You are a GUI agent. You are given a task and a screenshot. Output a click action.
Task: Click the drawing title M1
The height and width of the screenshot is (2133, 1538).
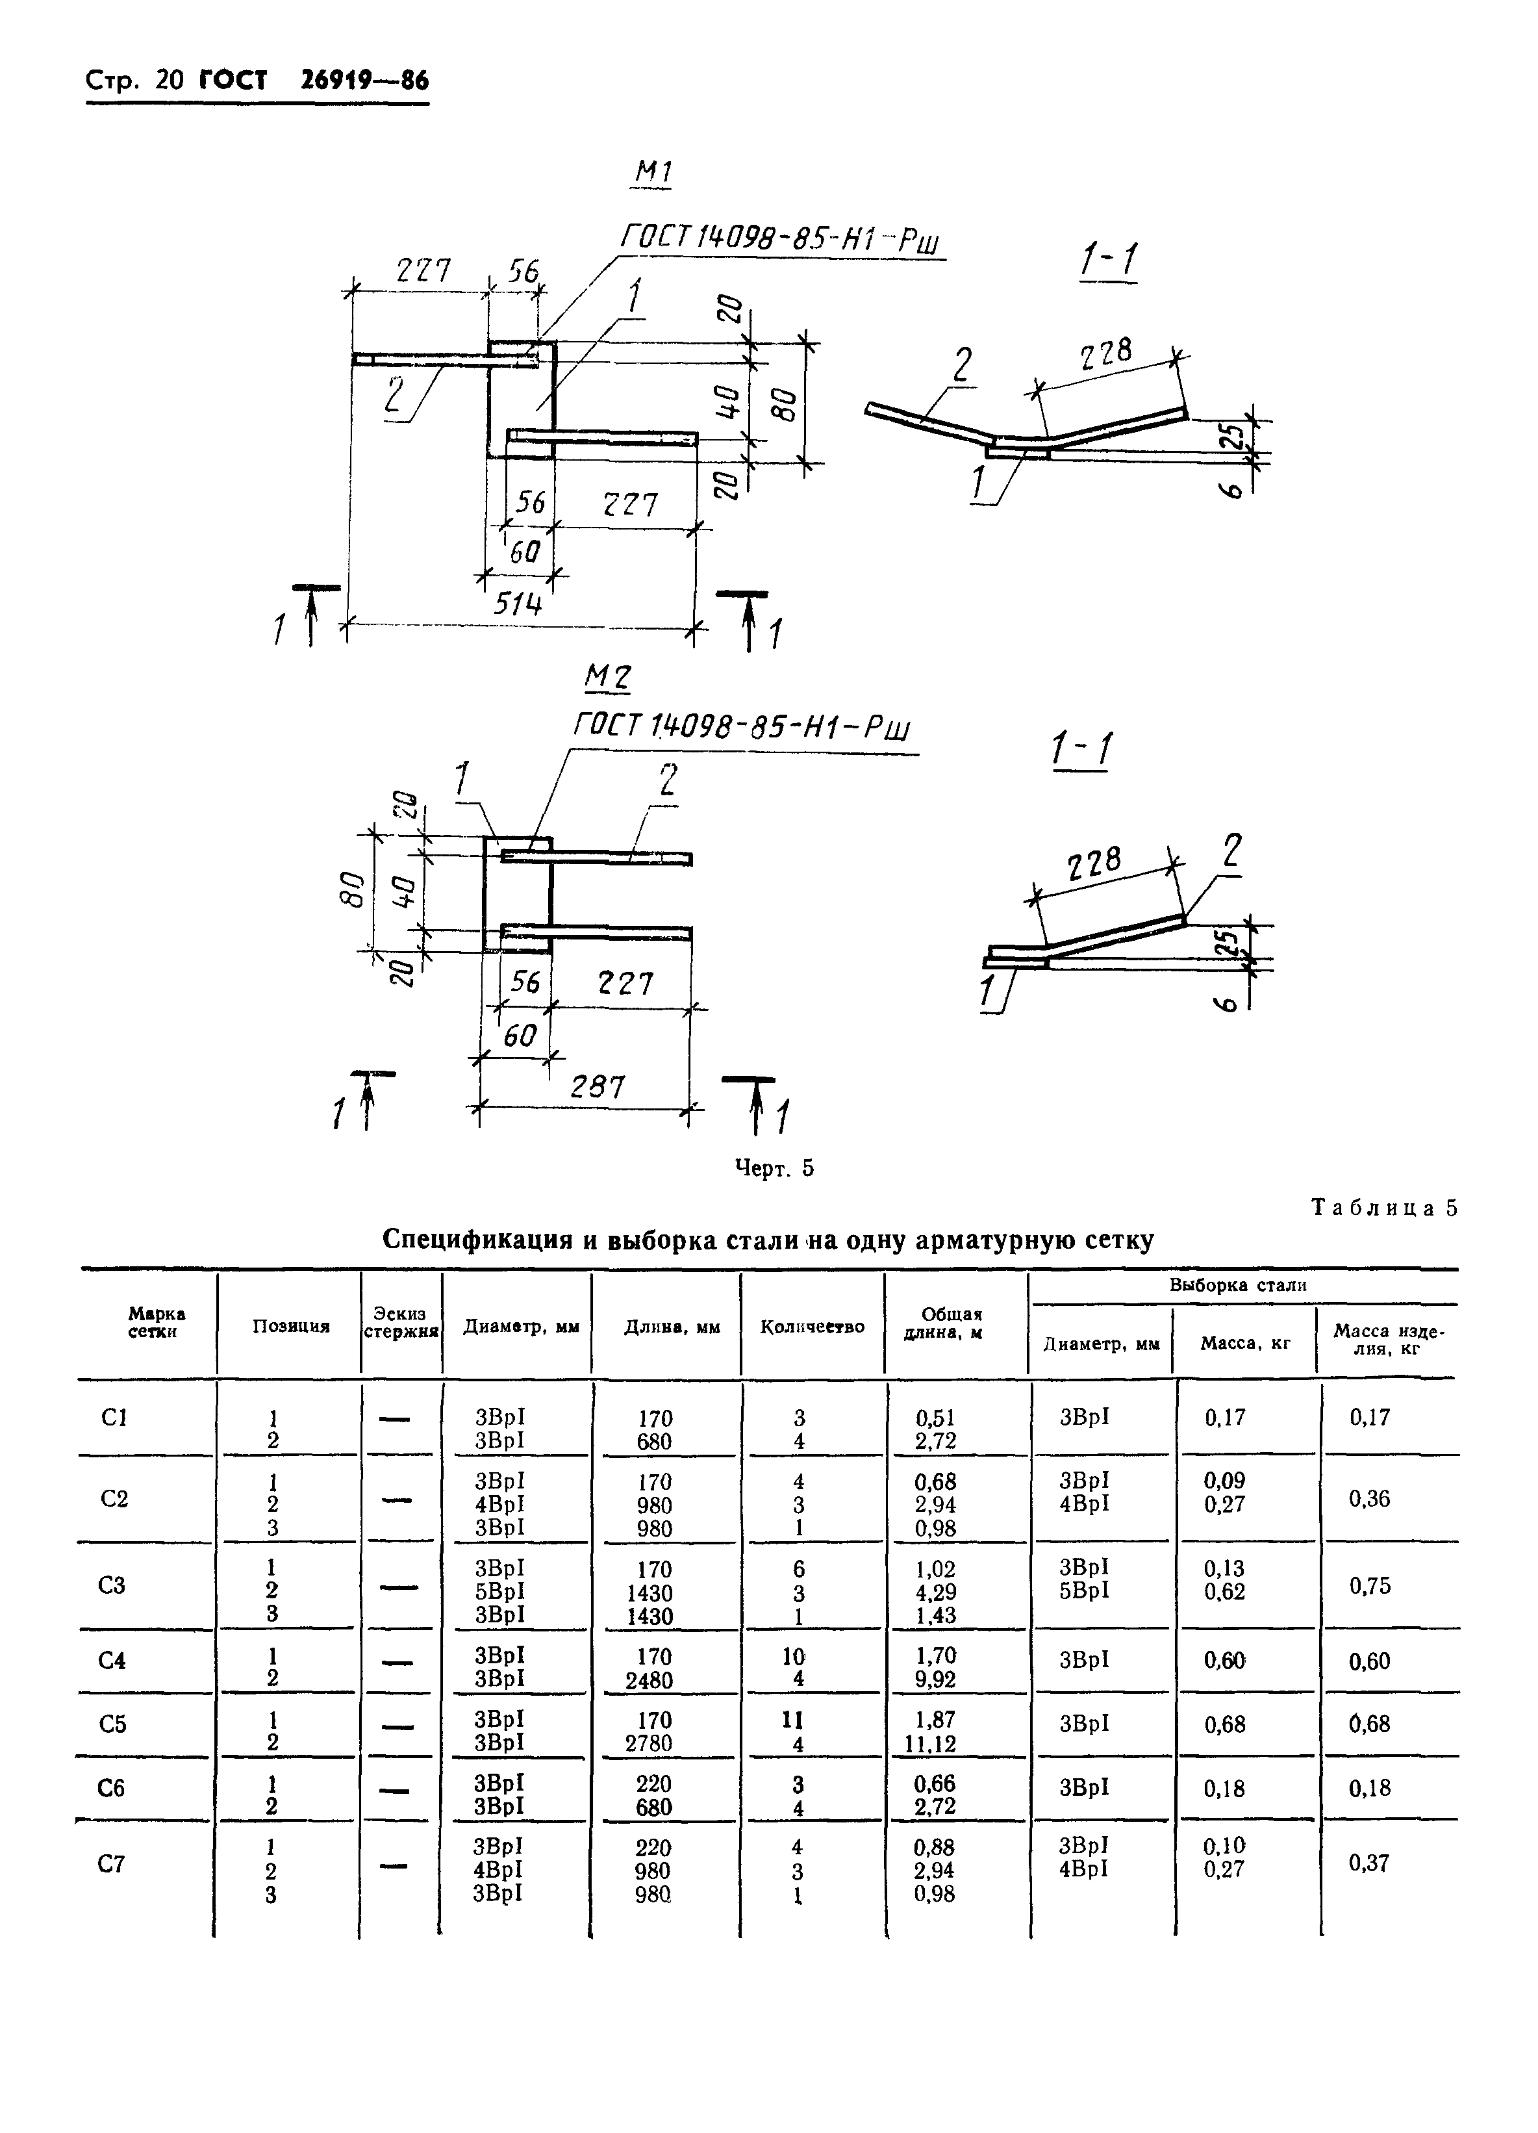[x=653, y=172]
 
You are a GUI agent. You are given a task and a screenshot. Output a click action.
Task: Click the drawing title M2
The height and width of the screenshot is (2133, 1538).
[x=607, y=676]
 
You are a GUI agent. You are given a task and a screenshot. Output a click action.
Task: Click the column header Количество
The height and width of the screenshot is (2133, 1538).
[x=813, y=1327]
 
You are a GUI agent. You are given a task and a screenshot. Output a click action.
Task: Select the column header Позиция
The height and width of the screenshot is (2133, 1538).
[x=290, y=1327]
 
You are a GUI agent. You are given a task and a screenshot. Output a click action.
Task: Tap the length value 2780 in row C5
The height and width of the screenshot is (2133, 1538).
[x=649, y=1744]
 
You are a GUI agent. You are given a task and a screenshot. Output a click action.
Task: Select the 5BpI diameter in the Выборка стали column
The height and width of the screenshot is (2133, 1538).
[x=1084, y=1590]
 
